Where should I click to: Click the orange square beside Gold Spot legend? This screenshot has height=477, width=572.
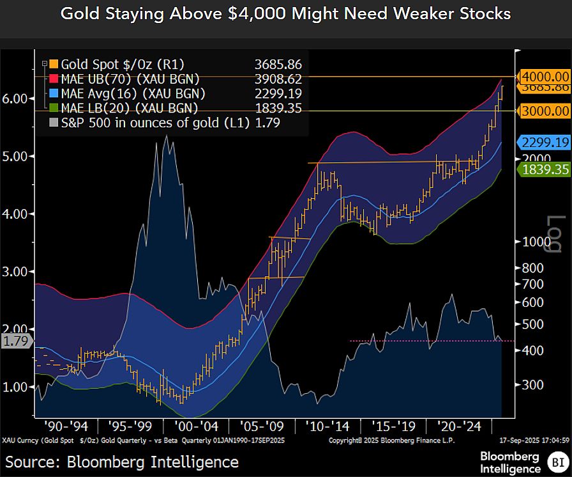coord(53,64)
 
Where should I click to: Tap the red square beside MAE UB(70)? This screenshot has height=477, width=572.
coord(53,79)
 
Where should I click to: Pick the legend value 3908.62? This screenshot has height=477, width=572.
coord(278,79)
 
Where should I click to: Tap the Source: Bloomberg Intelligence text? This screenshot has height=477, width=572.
coord(122,462)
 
